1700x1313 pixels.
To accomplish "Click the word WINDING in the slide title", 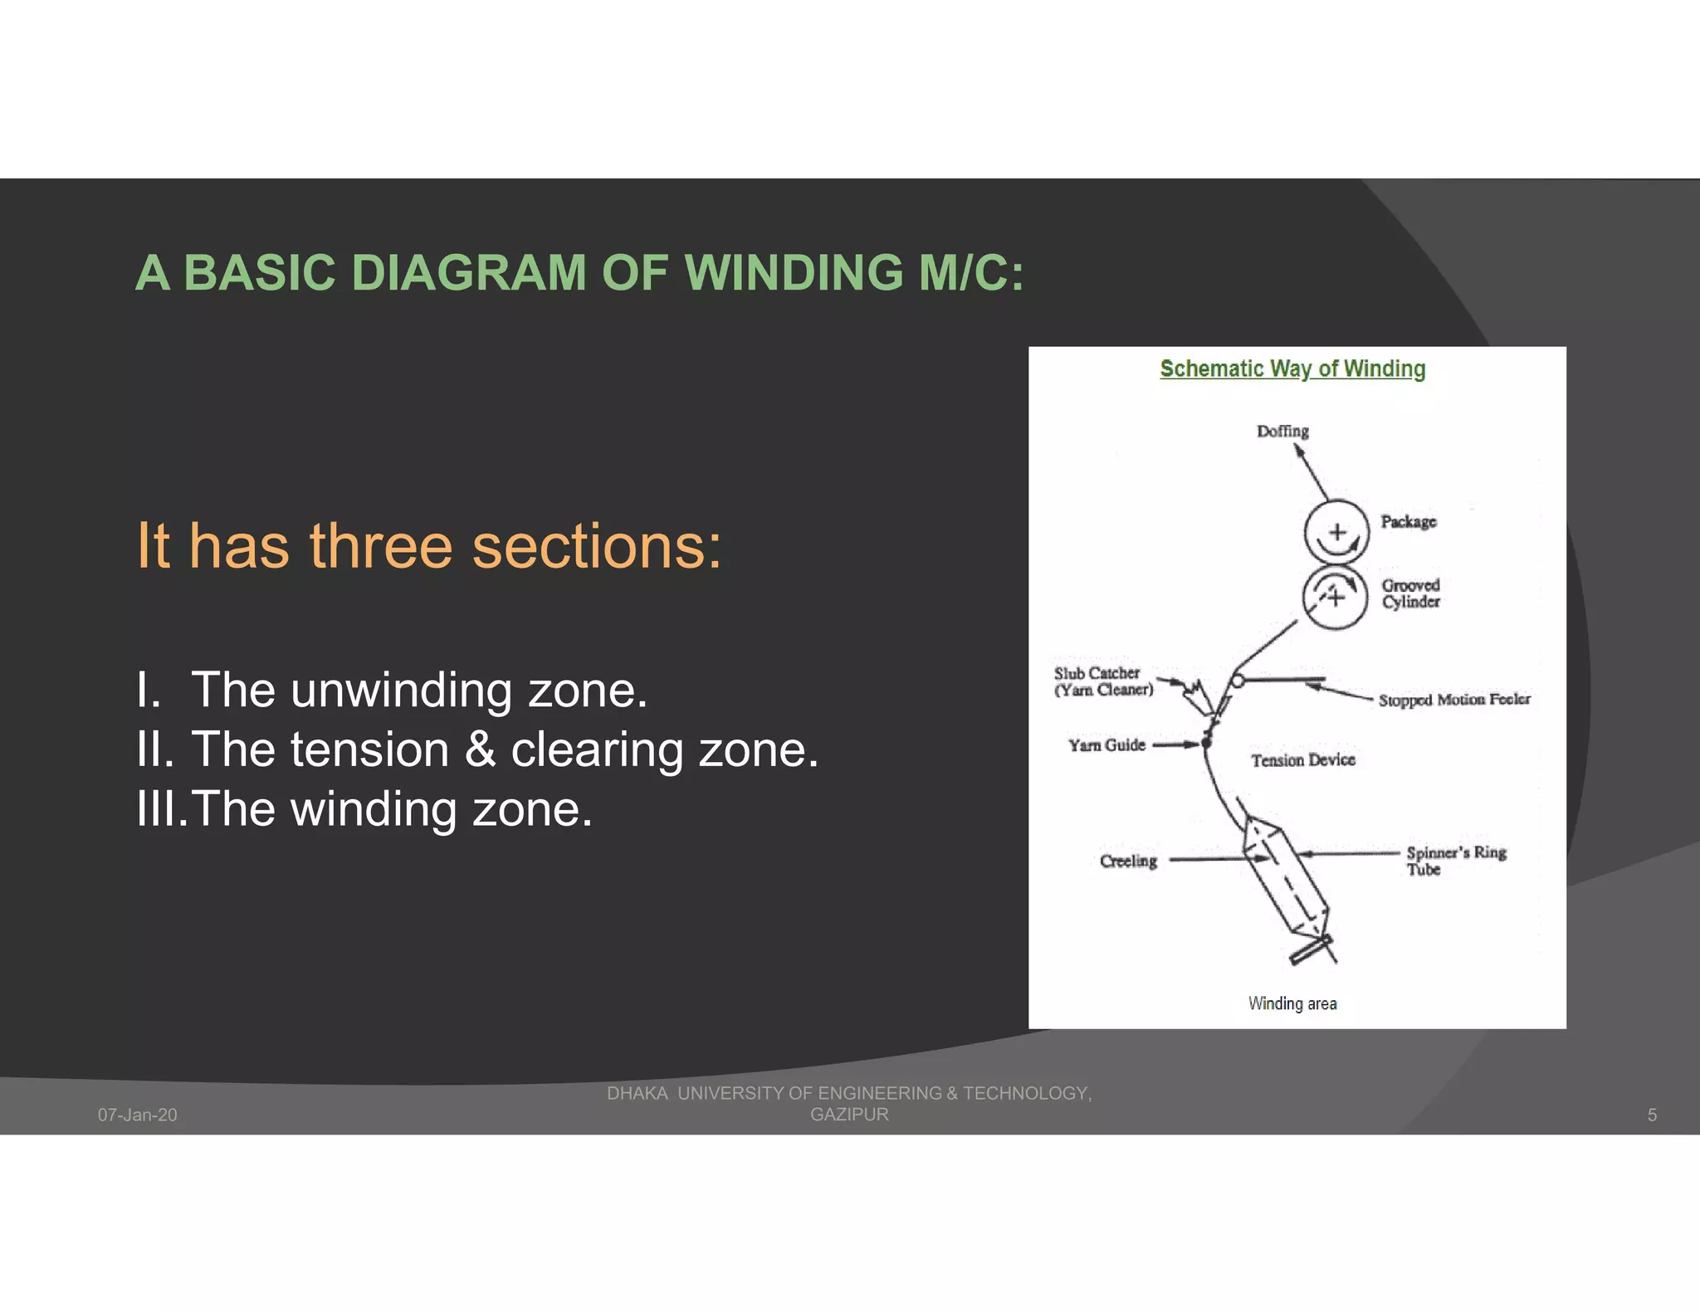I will [x=794, y=272].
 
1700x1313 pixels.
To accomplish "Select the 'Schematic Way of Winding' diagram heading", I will [x=1292, y=369].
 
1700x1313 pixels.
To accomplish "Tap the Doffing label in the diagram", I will [x=1282, y=431].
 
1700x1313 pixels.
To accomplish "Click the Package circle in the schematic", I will [x=1336, y=532].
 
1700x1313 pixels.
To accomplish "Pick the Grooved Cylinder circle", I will [x=1334, y=597].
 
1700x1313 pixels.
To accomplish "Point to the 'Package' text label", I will [x=1408, y=521].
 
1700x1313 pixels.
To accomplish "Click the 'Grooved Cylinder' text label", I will [x=1410, y=593].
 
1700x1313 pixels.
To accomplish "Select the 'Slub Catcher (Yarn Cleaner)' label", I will [x=1103, y=681].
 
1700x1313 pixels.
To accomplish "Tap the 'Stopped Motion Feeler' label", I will [x=1453, y=700].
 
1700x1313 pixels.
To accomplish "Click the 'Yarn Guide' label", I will [x=1106, y=745].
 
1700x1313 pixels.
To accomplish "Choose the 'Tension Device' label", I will [x=1302, y=760].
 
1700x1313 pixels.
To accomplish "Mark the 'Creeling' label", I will [x=1127, y=862].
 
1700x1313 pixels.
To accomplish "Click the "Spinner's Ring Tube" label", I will [x=1455, y=861].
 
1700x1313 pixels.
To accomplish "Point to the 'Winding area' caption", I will [x=1292, y=1003].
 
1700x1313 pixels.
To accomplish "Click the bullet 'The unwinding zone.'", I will [x=418, y=690].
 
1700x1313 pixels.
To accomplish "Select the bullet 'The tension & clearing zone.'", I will [x=504, y=749].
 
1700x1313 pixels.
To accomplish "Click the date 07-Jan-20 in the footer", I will [x=137, y=1115].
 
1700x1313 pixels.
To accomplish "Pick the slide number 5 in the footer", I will [x=1651, y=1115].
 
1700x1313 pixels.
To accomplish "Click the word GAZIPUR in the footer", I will [x=848, y=1115].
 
